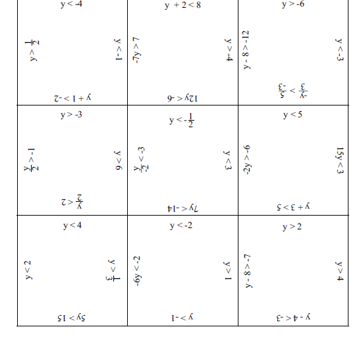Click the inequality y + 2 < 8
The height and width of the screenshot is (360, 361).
(x=182, y=5)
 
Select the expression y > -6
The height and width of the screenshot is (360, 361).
(x=292, y=4)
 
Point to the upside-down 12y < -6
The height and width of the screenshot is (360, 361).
(x=182, y=98)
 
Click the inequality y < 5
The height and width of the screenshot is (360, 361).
(x=292, y=115)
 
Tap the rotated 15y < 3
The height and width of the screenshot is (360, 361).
(x=339, y=160)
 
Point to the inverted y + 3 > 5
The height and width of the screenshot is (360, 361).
(x=292, y=207)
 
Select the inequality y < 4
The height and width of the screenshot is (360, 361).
(x=72, y=226)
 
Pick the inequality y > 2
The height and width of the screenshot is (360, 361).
(x=292, y=227)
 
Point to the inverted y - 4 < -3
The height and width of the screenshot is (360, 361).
(x=292, y=318)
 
